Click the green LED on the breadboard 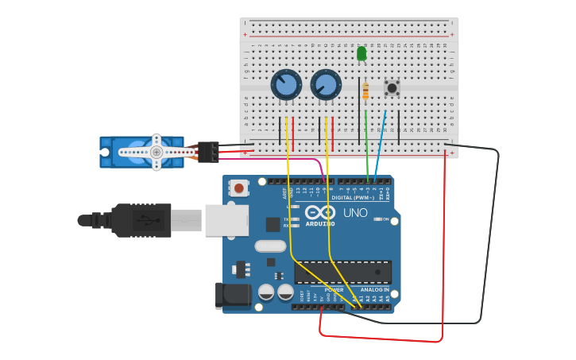coord(361,53)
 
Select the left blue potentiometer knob coord(286,85)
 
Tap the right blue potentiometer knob coord(326,85)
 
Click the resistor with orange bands coord(365,91)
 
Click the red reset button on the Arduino coord(238,188)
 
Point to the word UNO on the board coord(355,213)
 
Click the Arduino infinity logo coord(320,212)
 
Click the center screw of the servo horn coord(157,152)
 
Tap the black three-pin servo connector coord(208,151)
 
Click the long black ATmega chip coord(342,272)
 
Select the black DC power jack coord(233,295)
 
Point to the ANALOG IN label coord(374,290)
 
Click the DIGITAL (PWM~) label coord(353,198)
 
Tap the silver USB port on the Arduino coord(226,220)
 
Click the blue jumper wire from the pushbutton coord(381,143)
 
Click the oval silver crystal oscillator coord(270,246)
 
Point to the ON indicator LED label coord(385,219)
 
